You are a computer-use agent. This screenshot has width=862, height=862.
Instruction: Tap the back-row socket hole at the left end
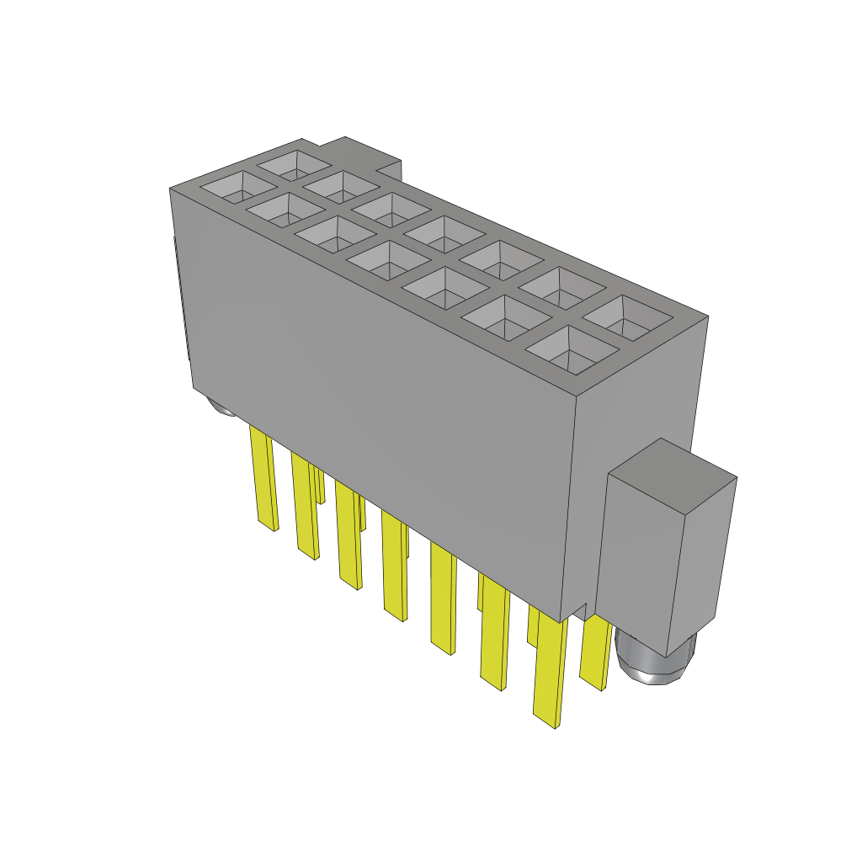[293, 162]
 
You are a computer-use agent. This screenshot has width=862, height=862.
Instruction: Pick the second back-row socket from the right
[560, 286]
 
